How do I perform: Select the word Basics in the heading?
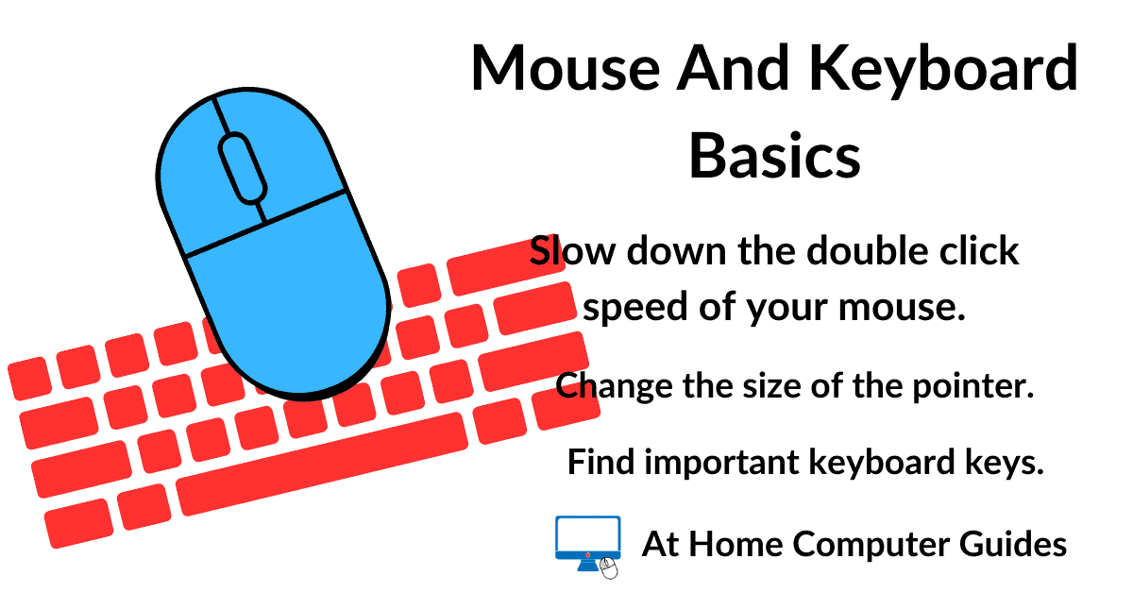pyautogui.click(x=774, y=157)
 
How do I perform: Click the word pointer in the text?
pyautogui.click(x=980, y=386)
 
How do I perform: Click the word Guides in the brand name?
pyautogui.click(x=1020, y=544)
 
